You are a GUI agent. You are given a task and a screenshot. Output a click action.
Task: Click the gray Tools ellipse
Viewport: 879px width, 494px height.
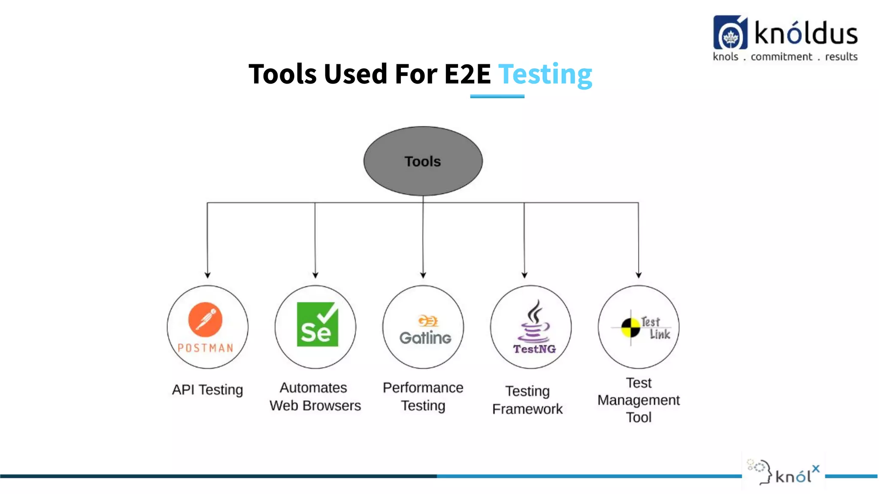[x=423, y=161]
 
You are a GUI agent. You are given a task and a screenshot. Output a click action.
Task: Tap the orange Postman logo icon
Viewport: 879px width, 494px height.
[x=205, y=319]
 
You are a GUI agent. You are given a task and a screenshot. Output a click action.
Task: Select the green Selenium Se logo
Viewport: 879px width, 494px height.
[x=317, y=324]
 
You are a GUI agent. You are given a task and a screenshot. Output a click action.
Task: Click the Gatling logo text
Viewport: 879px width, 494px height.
[x=425, y=337]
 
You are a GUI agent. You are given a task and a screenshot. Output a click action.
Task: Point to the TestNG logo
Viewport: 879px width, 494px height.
[x=534, y=328]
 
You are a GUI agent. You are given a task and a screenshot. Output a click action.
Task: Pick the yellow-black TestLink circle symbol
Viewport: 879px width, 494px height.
[x=630, y=328]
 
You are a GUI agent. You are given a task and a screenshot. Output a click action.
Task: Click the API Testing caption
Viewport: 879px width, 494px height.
[x=207, y=390]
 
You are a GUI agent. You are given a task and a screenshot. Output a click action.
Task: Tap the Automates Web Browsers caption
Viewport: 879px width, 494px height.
[x=315, y=397]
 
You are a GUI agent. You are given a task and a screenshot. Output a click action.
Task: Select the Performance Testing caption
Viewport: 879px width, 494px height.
[x=423, y=397]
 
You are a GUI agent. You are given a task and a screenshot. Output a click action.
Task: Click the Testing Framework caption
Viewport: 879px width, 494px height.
[x=527, y=400]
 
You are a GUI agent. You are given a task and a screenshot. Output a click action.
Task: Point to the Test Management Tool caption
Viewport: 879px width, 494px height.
[x=639, y=400]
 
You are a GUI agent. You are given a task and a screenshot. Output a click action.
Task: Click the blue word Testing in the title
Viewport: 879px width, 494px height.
[x=545, y=74]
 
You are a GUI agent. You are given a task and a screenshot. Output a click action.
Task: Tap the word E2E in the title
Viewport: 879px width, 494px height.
[x=467, y=74]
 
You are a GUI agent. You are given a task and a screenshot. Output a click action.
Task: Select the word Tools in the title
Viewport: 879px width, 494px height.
[x=283, y=74]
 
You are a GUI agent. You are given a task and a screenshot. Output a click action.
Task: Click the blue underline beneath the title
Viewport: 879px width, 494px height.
[x=497, y=96]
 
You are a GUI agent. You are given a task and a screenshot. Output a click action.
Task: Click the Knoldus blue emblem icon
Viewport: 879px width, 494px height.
[x=730, y=33]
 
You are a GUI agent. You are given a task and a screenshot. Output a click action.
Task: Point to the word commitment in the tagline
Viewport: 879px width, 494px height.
[x=781, y=57]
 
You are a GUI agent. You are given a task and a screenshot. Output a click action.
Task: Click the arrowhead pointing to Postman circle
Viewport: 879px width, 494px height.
[x=208, y=275]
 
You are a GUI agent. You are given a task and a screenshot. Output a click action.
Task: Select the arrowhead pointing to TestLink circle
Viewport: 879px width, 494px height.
[x=639, y=275]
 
